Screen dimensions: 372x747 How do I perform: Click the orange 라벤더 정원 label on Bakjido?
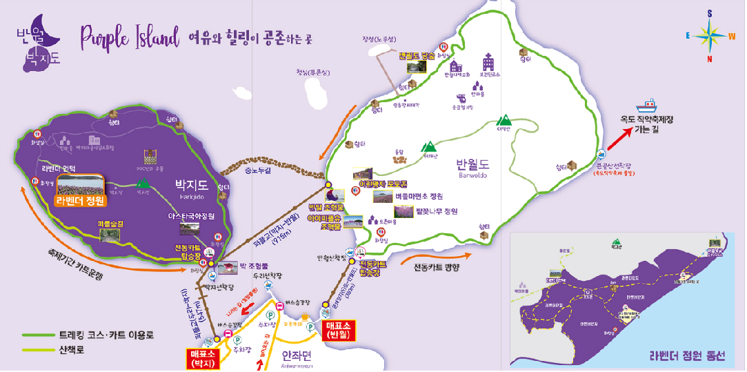click(81, 201)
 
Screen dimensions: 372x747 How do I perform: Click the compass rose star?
click(708, 34)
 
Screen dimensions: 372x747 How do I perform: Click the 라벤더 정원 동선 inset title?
click(687, 357)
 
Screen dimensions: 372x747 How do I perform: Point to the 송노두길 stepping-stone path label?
click(257, 170)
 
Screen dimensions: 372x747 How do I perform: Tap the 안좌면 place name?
click(297, 355)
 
